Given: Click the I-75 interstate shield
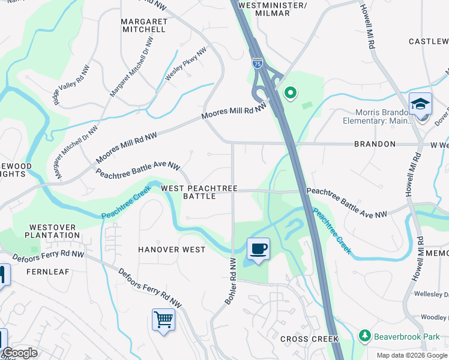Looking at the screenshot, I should (x=256, y=62).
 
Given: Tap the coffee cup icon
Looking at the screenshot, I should (x=258, y=248).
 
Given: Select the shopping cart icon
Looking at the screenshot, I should (x=163, y=319).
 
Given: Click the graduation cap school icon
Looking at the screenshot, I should (x=420, y=103).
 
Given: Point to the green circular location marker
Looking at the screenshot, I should (x=290, y=92).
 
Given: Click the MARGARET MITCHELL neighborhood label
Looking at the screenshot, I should (x=143, y=25).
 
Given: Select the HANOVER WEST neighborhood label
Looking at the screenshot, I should (x=172, y=250).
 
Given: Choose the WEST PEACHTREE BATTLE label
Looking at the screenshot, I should (x=199, y=192).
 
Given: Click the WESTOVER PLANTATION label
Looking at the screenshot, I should (x=53, y=232).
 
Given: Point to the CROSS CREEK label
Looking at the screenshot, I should (x=309, y=339).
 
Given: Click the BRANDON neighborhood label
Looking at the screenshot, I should (x=375, y=144).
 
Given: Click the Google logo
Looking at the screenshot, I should (x=20, y=353).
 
